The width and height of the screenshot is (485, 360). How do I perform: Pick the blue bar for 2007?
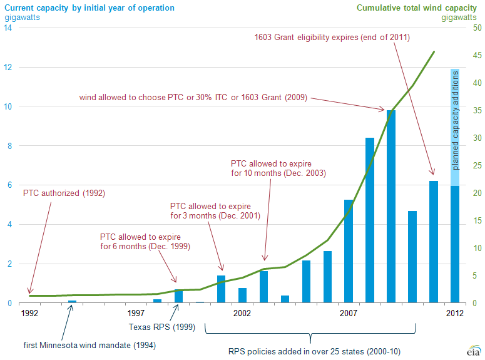[x=349, y=251]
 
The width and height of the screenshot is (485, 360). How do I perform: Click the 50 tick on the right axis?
[x=477, y=28]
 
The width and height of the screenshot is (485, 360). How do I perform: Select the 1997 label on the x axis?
[x=136, y=312]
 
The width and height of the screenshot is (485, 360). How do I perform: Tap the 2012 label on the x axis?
[x=455, y=312]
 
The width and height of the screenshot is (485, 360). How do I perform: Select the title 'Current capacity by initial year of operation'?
[x=85, y=8]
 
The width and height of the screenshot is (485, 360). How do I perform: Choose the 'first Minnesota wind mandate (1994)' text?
[x=89, y=345]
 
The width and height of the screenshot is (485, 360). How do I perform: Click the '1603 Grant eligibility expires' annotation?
[x=332, y=38]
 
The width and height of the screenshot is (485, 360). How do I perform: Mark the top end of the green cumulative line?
[x=434, y=52]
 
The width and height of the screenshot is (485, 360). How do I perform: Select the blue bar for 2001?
[x=221, y=289]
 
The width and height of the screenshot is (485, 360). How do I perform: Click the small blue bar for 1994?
[x=72, y=302]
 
